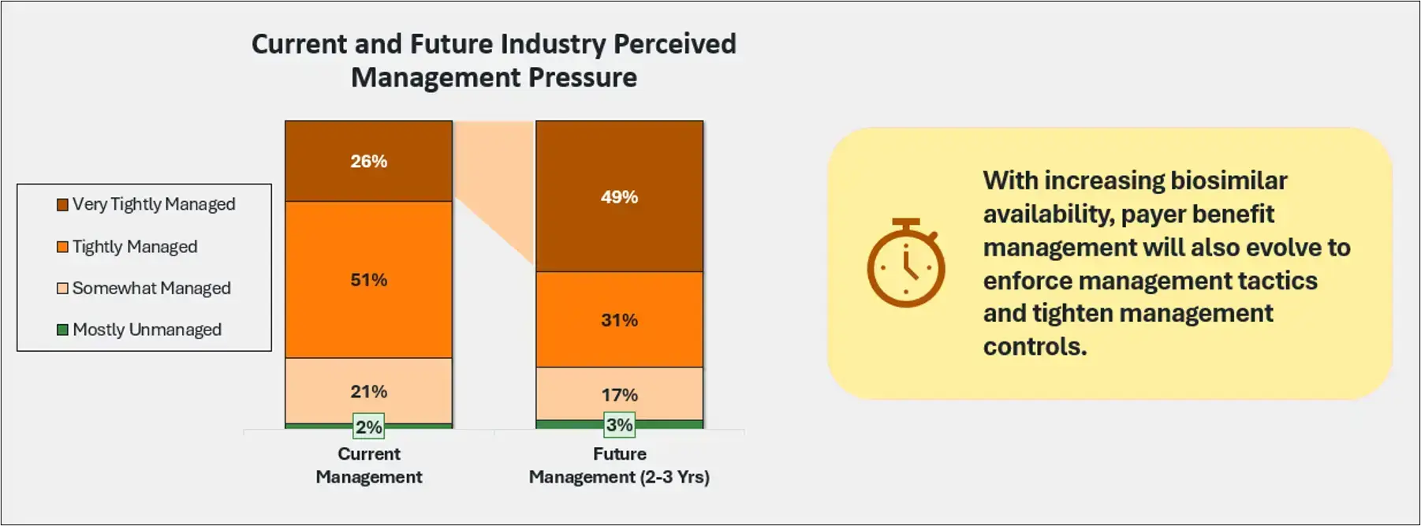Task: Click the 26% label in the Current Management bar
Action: [x=368, y=162]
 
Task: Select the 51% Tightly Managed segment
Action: [x=368, y=280]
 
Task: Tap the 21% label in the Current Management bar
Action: [x=368, y=392]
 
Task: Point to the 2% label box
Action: [x=368, y=427]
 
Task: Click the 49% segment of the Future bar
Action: [x=619, y=197]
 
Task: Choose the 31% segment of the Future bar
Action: [x=619, y=320]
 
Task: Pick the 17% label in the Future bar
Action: [x=619, y=395]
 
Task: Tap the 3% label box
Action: [x=619, y=425]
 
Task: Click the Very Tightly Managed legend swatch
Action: [x=62, y=205]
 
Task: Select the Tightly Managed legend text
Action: [x=135, y=247]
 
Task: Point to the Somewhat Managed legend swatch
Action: [x=62, y=289]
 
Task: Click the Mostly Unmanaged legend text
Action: [x=147, y=330]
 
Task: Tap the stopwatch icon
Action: [x=905, y=263]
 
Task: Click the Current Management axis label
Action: [x=368, y=465]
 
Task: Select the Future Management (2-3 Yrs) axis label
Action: [x=619, y=465]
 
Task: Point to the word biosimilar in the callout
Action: [x=1229, y=181]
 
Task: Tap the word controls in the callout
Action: [x=1034, y=347]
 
